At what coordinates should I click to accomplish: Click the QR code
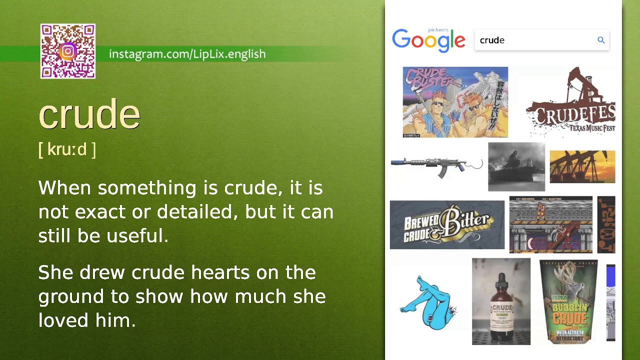click(x=67, y=51)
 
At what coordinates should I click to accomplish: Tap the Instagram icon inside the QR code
click(x=68, y=51)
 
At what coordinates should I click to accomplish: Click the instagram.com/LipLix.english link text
click(x=187, y=54)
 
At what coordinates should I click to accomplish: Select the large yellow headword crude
click(x=89, y=114)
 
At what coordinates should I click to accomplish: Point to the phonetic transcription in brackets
click(x=67, y=149)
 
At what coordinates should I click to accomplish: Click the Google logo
click(x=428, y=40)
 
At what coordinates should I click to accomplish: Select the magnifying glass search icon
click(x=601, y=40)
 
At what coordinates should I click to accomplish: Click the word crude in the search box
click(x=492, y=40)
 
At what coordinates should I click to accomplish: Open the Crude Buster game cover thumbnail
click(x=455, y=102)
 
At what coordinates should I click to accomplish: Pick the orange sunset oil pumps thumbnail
click(x=582, y=167)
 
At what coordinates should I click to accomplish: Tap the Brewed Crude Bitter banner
click(x=447, y=225)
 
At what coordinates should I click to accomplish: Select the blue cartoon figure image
click(x=428, y=302)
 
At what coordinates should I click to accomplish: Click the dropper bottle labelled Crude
click(x=501, y=301)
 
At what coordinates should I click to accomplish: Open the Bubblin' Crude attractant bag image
click(x=568, y=301)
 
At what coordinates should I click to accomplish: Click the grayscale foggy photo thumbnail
click(x=516, y=167)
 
